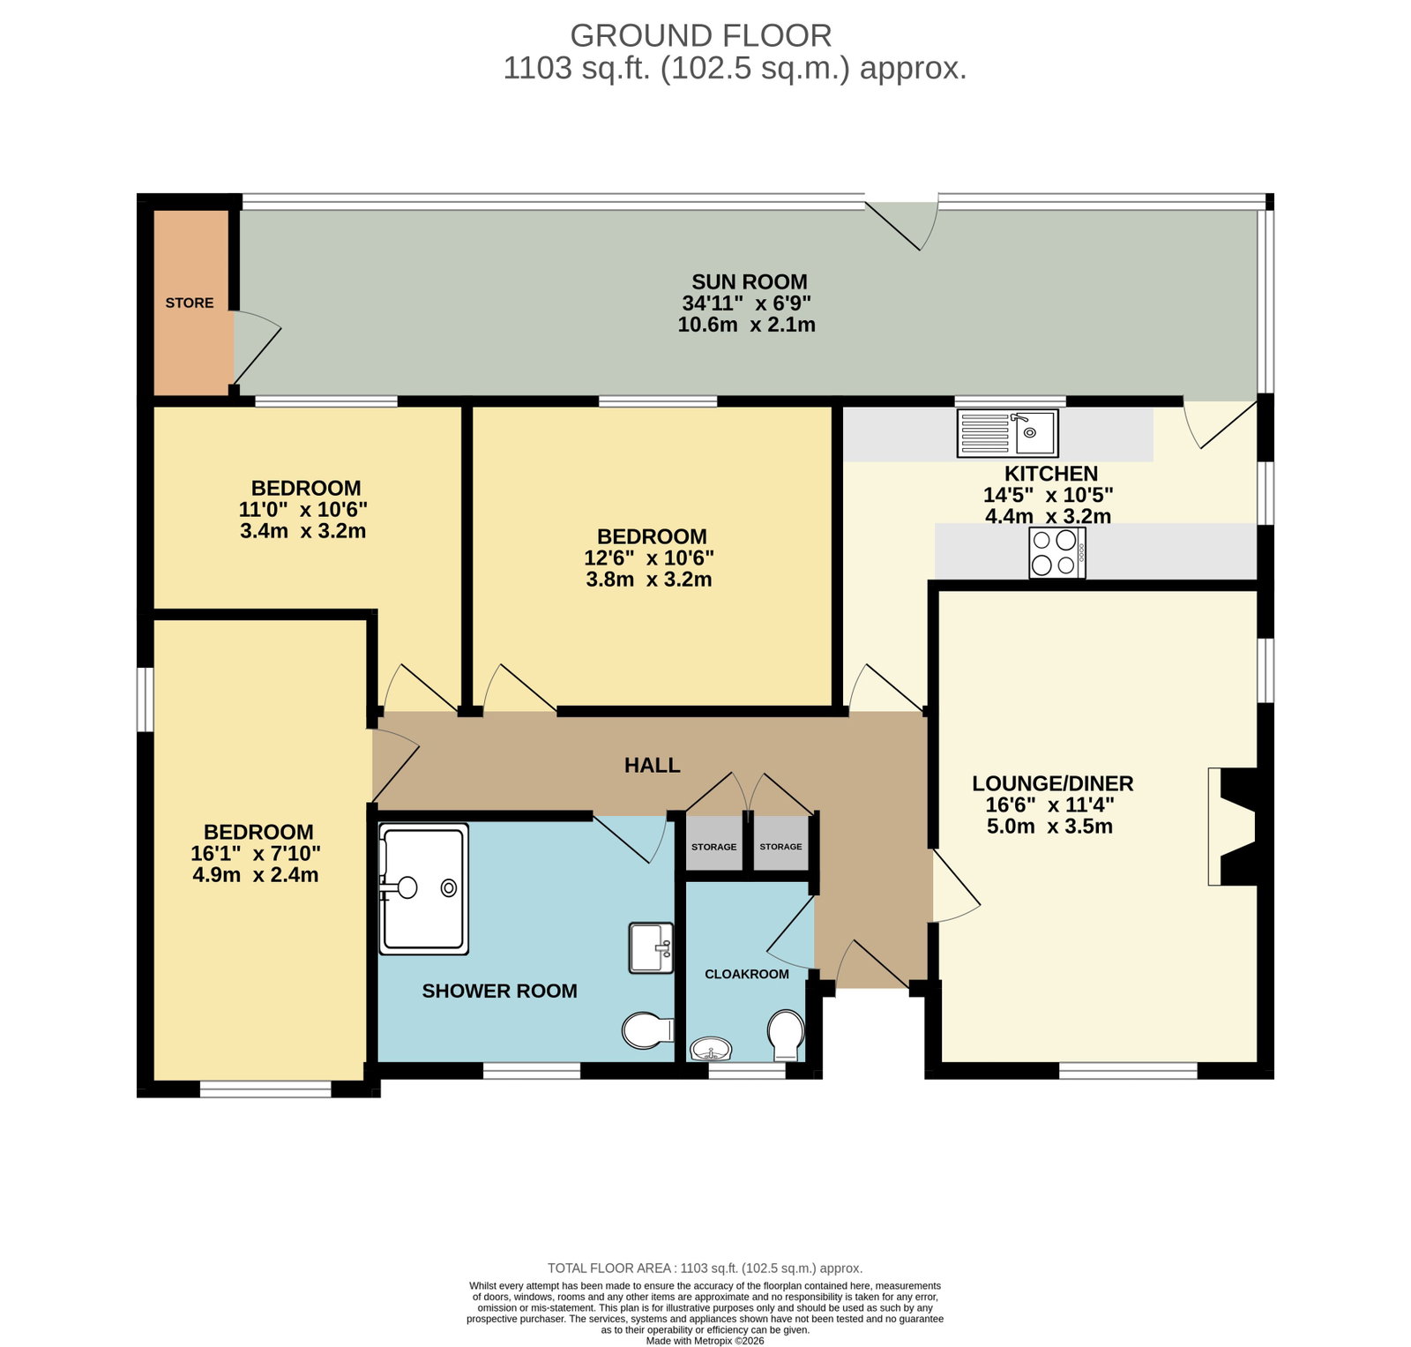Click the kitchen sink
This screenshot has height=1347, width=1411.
coord(1007,433)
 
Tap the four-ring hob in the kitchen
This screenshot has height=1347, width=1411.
coord(1056,552)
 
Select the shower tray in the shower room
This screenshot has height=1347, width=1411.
coord(423,889)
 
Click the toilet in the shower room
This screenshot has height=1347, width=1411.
coord(648,1030)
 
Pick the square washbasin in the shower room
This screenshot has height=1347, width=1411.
coord(651,947)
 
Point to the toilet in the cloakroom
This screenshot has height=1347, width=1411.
coord(785,1035)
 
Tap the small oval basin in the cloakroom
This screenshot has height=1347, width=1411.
coord(711,1049)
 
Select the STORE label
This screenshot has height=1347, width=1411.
coord(190,303)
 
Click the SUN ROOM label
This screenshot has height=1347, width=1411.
coord(750,281)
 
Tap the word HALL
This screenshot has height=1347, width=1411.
coord(653,765)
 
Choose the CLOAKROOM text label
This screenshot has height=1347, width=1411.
coord(747,974)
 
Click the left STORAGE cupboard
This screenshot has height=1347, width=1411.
coord(714,844)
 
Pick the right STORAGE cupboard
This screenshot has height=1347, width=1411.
coord(781,844)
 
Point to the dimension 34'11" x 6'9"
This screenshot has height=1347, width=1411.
coord(747,303)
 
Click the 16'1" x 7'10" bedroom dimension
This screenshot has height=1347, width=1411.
coord(256,853)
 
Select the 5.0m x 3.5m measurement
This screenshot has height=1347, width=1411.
coord(1049,827)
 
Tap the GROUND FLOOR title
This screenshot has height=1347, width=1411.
coord(701,35)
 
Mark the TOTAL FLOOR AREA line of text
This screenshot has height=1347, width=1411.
coord(705,1268)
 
